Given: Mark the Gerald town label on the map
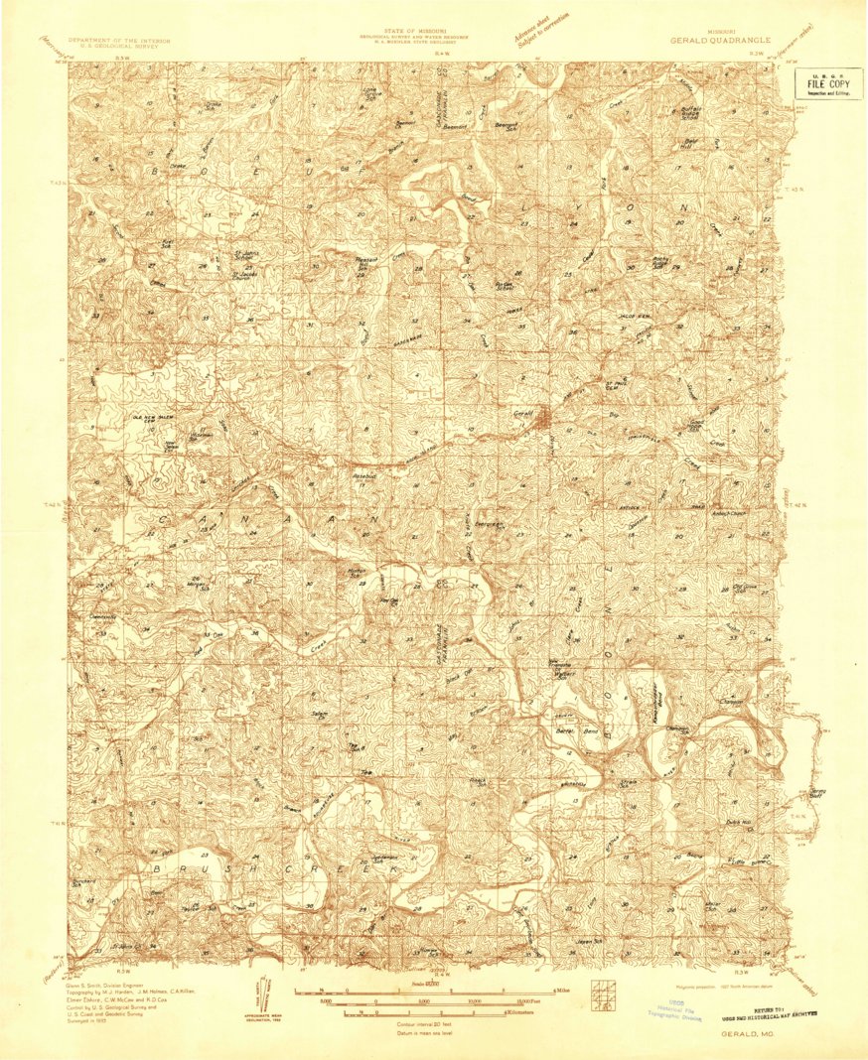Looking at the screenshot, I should (523, 412).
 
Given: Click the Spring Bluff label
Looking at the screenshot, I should (817, 793).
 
